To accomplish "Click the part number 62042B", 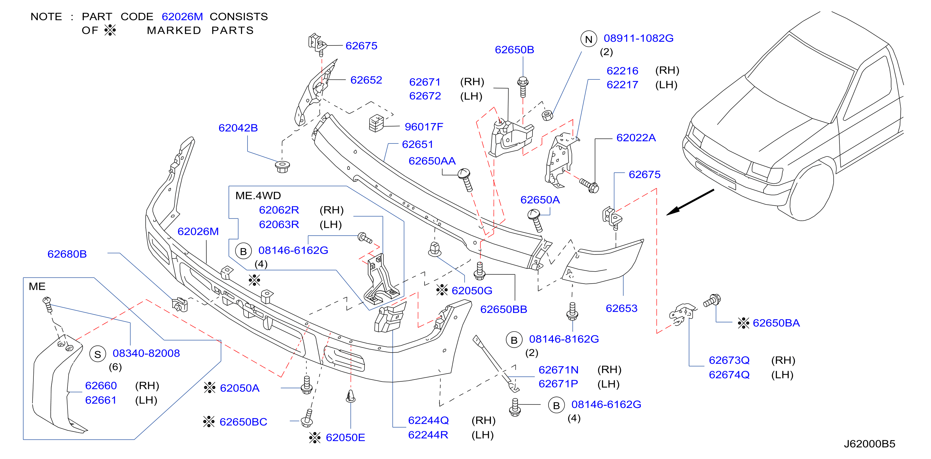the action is pyautogui.click(x=238, y=128).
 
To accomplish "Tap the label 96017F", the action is pyautogui.click(x=424, y=127).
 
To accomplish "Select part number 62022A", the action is pyautogui.click(x=636, y=138).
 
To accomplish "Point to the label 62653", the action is pyautogui.click(x=621, y=308).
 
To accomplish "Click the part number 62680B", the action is pyautogui.click(x=67, y=254).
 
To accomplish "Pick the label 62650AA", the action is pyautogui.click(x=432, y=161).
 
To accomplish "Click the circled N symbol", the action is pyautogui.click(x=589, y=39).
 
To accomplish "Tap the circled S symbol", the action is pyautogui.click(x=97, y=354).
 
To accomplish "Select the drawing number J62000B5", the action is pyautogui.click(x=869, y=444).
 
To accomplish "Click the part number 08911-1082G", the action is pyautogui.click(x=639, y=38).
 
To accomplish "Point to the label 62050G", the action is pyautogui.click(x=472, y=290).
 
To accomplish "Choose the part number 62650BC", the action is pyautogui.click(x=243, y=422).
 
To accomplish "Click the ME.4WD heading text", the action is pyautogui.click(x=258, y=195).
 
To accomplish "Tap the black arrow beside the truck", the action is pyautogui.click(x=690, y=202).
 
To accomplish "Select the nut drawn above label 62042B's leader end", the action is pyautogui.click(x=282, y=167).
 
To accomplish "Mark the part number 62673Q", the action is pyautogui.click(x=729, y=360).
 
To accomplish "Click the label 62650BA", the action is pyautogui.click(x=776, y=323).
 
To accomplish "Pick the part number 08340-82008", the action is pyautogui.click(x=146, y=353).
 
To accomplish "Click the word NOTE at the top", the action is pyautogui.click(x=46, y=17).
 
